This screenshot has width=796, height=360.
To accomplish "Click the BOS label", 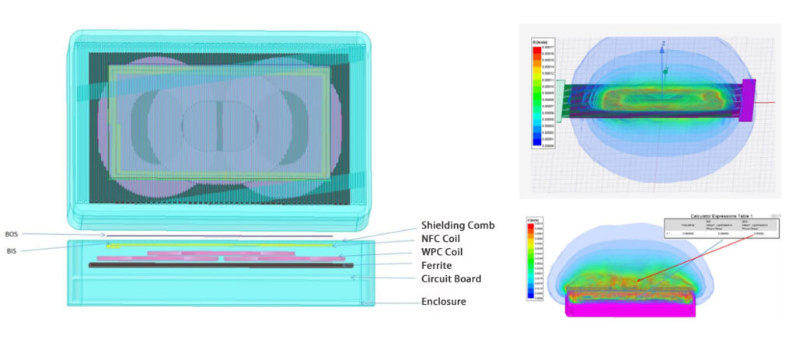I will (12, 233).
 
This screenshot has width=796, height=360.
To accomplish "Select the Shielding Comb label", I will (457, 225).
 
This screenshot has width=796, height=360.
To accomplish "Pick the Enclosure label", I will (443, 301).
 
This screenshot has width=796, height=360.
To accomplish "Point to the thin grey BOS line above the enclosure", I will (218, 234).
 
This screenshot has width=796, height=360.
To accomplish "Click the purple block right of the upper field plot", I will (749, 100).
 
